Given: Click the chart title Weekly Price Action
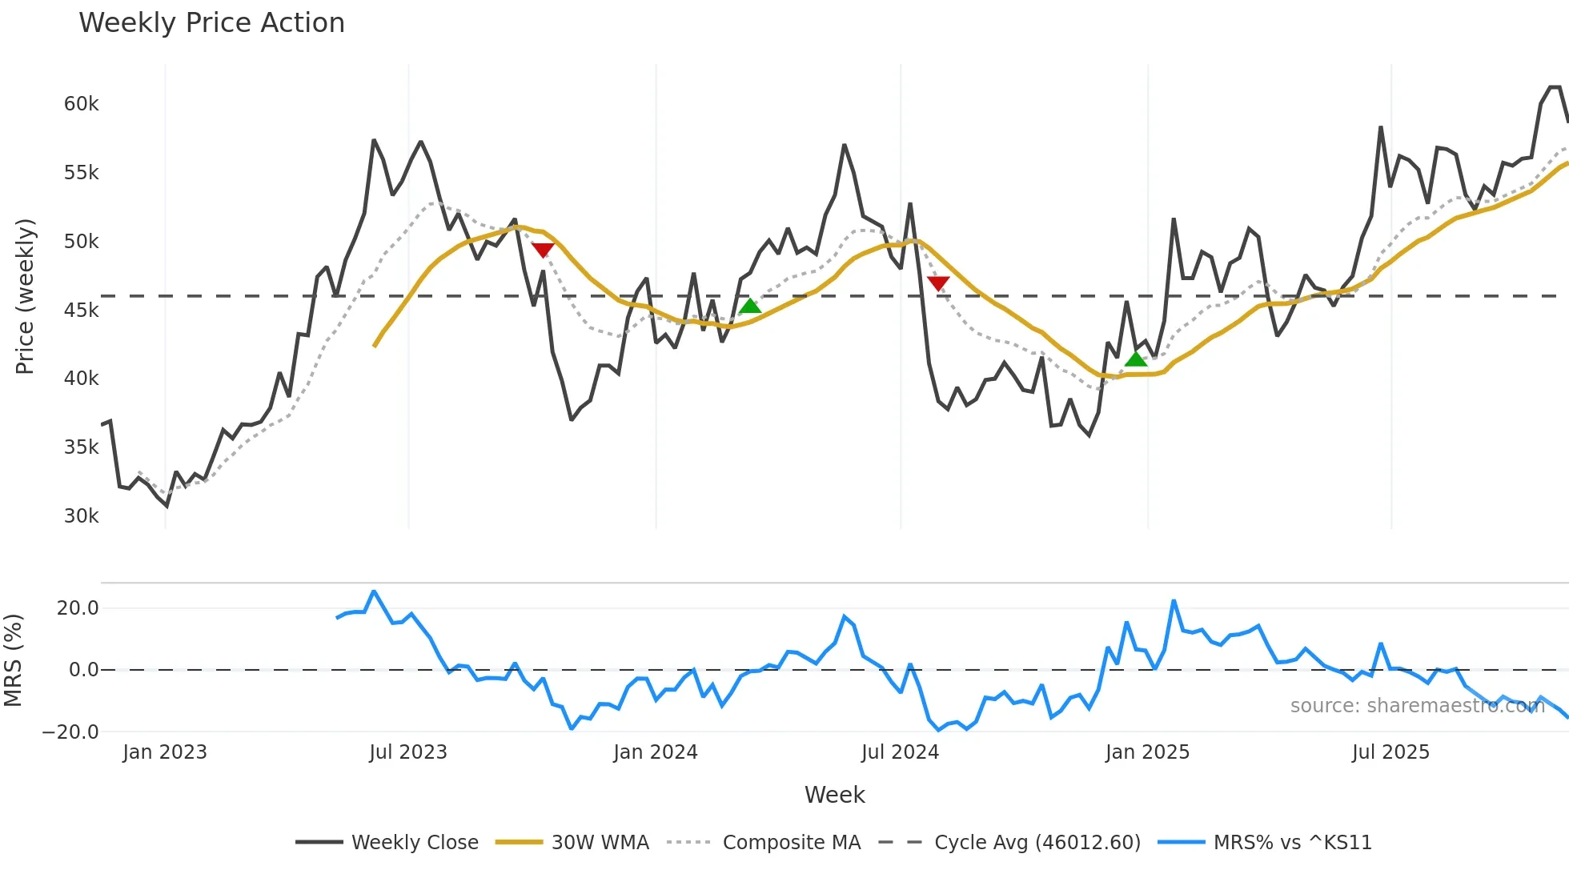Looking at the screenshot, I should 211,23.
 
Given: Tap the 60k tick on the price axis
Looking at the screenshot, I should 81,104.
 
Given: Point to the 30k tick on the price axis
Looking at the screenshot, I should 81,516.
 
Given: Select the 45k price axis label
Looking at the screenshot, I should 81,311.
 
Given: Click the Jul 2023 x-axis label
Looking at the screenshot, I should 407,752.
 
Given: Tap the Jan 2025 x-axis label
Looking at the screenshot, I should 1147,752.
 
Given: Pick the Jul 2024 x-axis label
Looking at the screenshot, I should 900,752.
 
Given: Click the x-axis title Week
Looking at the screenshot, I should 834,795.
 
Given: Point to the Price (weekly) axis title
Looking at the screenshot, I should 25,296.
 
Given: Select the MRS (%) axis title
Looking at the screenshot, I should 13,660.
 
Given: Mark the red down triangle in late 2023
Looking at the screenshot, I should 543,251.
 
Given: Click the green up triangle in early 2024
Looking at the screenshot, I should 749,306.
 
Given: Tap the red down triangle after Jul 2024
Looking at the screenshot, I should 938,283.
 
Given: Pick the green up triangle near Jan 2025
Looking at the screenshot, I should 1136,359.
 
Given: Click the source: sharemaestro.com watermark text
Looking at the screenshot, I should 1417,706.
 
